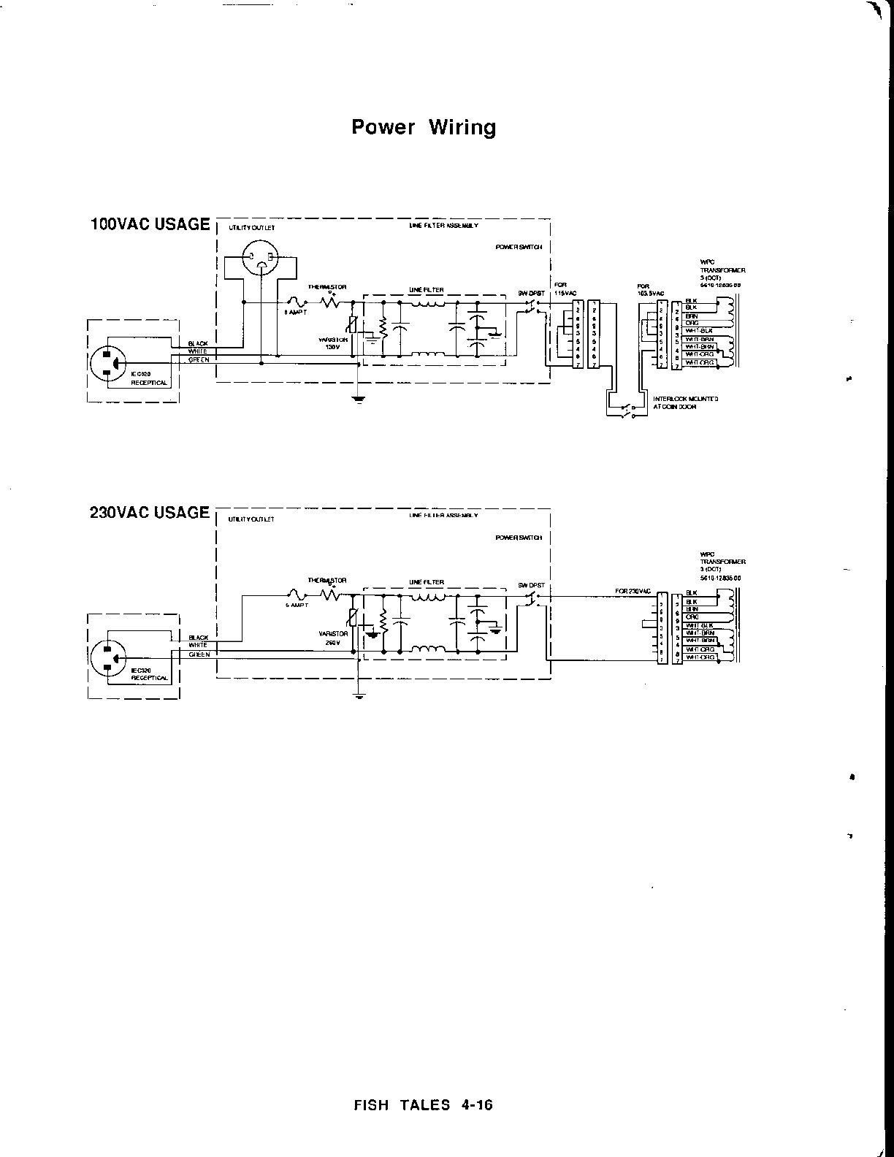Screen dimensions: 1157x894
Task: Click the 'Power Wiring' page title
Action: [x=424, y=127]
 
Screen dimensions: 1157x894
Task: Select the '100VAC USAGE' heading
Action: [x=150, y=224]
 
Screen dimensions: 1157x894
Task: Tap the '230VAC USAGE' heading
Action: [x=150, y=512]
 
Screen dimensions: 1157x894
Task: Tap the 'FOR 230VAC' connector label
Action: [x=633, y=590]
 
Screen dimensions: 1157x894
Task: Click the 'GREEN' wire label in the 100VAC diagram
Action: [x=198, y=359]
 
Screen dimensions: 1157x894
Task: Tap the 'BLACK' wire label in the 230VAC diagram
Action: [x=198, y=638]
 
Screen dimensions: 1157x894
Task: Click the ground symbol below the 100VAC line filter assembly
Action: [x=357, y=398]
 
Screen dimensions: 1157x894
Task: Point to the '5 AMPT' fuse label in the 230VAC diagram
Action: [x=297, y=606]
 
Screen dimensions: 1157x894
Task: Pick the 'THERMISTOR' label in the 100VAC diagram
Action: [x=327, y=286]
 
